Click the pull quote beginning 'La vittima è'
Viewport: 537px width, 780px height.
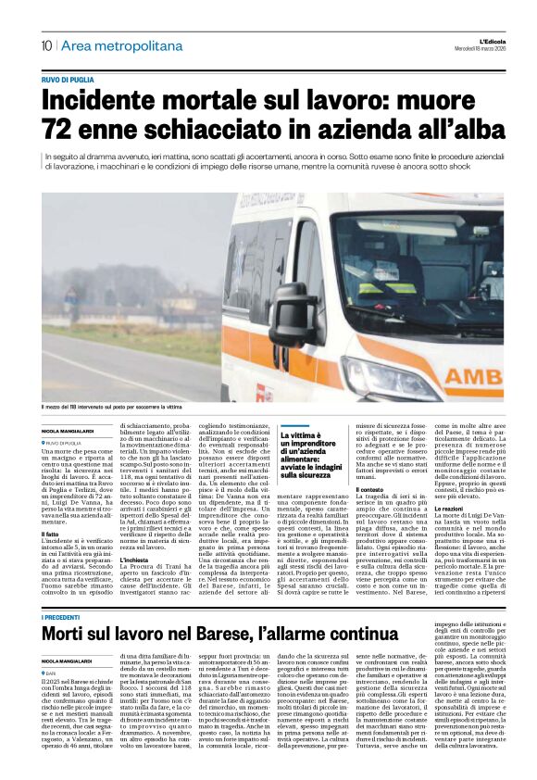(x=314, y=455)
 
